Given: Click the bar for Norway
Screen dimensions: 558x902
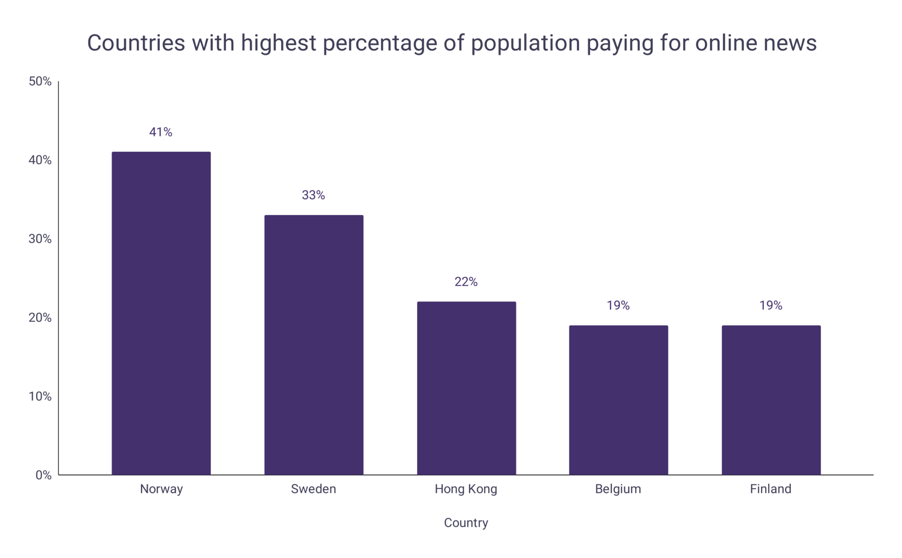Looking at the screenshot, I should [x=161, y=313].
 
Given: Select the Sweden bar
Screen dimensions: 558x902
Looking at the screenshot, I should [x=314, y=345].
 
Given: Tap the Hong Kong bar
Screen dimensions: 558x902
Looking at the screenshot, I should [x=466, y=388].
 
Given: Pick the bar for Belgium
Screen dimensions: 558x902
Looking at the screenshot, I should [x=618, y=400].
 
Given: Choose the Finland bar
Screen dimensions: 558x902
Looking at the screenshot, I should [x=771, y=400].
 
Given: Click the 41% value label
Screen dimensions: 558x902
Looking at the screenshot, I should [x=161, y=132].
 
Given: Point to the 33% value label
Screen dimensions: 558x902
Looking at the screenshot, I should [x=314, y=195].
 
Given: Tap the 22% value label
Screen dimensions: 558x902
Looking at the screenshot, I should [x=466, y=282].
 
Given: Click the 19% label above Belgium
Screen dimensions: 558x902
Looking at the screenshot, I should [x=618, y=305].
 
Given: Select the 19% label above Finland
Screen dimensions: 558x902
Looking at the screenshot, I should [x=771, y=305].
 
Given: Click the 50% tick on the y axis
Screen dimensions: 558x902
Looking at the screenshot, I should [x=40, y=81].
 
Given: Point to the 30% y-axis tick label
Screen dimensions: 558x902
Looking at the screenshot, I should [x=40, y=239].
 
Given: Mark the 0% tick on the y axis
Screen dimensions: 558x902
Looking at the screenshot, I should [x=44, y=475].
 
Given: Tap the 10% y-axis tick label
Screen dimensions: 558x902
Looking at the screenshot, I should [x=40, y=396].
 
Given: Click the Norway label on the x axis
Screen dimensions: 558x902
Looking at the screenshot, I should [x=161, y=489].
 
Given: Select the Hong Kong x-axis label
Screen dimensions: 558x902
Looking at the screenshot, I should [x=466, y=489].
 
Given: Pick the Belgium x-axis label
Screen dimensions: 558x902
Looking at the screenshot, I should [x=618, y=489].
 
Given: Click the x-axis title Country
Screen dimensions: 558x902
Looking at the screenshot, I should [x=466, y=523].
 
